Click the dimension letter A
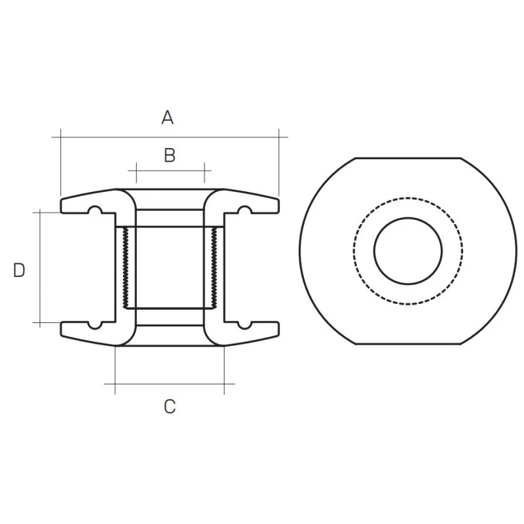tap(168, 118)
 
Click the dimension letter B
tap(170, 155)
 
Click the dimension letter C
tap(170, 406)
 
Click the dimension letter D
tap(19, 270)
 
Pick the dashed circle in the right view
tap(354, 251)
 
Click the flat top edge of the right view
tap(407, 158)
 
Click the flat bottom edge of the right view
tap(407, 344)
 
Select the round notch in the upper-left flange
tap(95, 210)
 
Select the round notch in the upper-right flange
tap(244, 210)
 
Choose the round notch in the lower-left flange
tap(95, 324)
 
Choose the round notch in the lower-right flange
tap(244, 324)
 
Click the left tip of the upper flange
tap(62, 204)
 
